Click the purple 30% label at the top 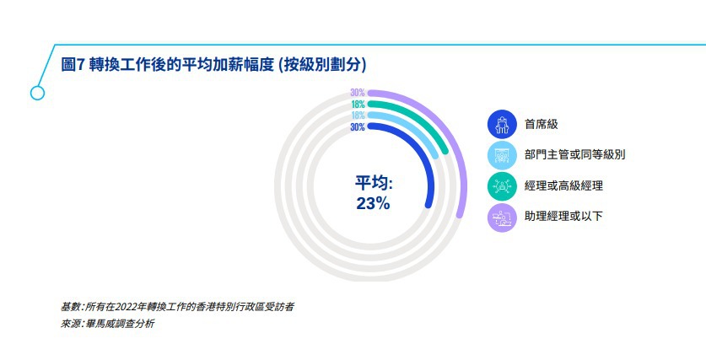pos(358,93)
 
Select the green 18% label pos(358,105)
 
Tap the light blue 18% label pos(358,116)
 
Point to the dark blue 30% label pos(358,127)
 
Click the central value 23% pos(373,204)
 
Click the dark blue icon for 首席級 pos(502,125)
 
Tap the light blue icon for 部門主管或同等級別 pos(502,155)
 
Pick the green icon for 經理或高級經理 pos(502,185)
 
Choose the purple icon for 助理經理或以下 pos(502,218)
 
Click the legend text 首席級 pos(542,124)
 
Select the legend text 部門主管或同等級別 pos(575,155)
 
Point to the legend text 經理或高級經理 pos(563,185)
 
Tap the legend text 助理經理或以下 pos(563,216)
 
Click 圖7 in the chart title pos(73,65)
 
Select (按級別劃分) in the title pos(322,65)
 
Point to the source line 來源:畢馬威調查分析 pos(108,324)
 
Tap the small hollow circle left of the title pos(37,93)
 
